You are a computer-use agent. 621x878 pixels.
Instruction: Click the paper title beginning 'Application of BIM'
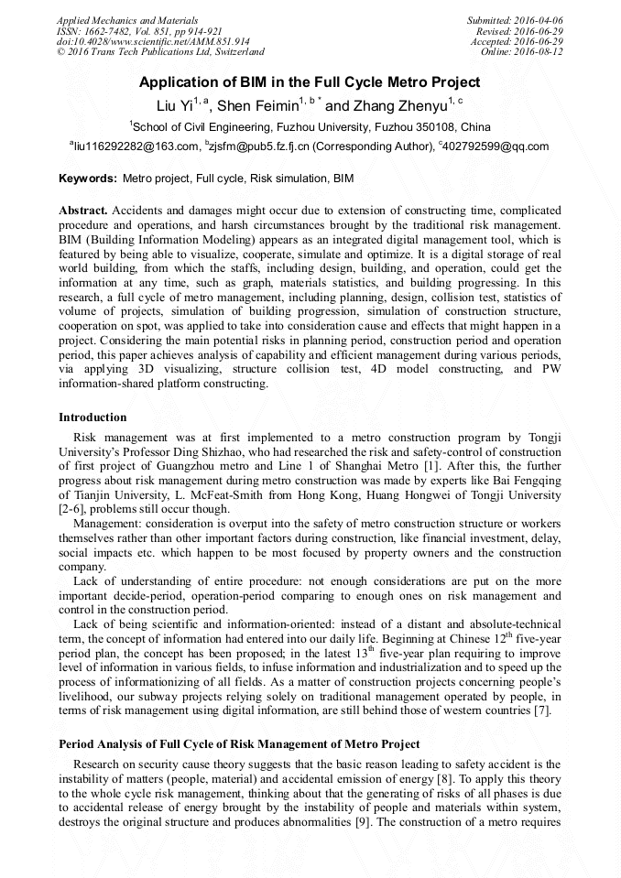(x=310, y=82)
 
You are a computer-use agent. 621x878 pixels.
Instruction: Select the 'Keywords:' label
(x=88, y=179)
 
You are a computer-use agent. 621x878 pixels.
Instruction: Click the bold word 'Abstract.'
(x=83, y=211)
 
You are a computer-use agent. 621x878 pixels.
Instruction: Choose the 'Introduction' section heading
(x=93, y=417)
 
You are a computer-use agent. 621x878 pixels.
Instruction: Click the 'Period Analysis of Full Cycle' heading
(x=239, y=743)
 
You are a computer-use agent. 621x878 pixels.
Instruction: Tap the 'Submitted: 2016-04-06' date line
(x=515, y=20)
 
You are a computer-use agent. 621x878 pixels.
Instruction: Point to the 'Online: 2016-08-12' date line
(x=521, y=53)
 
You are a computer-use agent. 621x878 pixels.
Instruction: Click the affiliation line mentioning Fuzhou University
(x=310, y=126)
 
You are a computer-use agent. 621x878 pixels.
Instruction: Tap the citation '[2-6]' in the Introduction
(x=73, y=509)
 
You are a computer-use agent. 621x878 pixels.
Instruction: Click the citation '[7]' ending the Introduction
(x=542, y=710)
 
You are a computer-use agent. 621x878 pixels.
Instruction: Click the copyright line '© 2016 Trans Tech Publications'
(x=160, y=53)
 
